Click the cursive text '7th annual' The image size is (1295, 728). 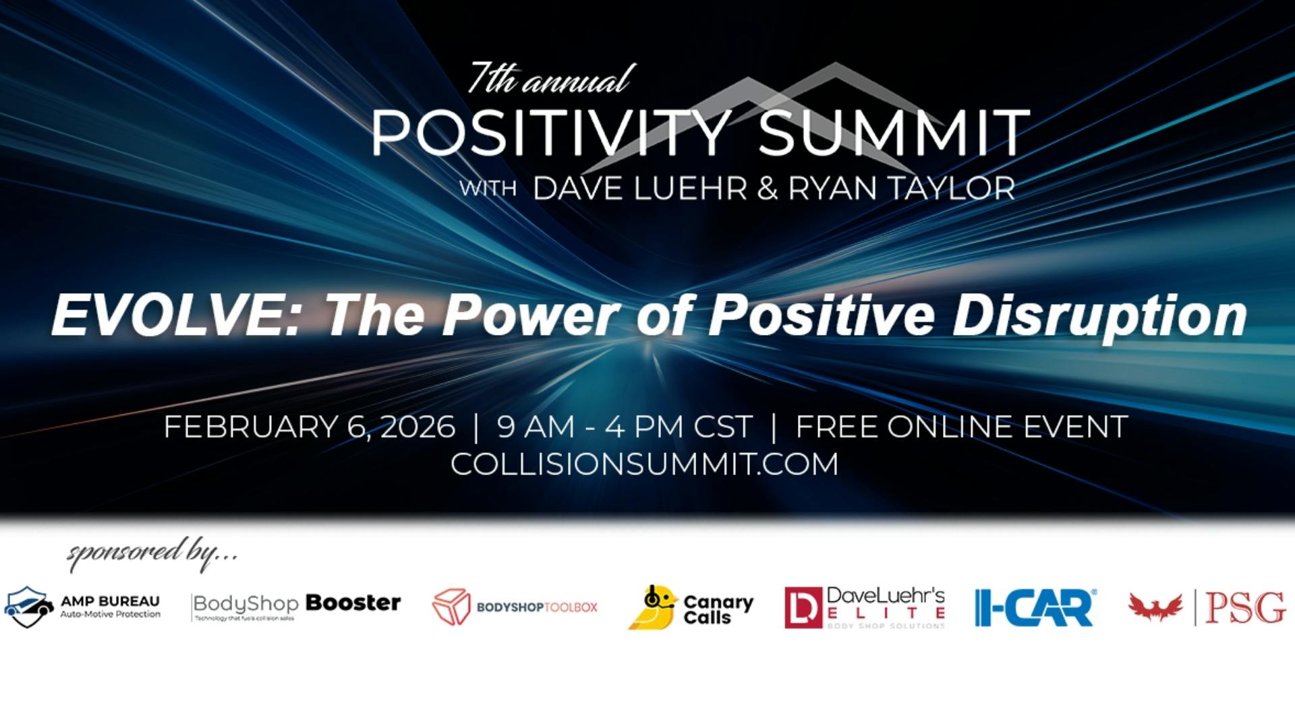click(x=550, y=80)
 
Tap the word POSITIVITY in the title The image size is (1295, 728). click(x=550, y=133)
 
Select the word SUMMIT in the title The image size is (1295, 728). click(x=893, y=133)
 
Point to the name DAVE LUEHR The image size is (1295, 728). click(x=640, y=188)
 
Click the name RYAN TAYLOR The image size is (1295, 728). click(x=902, y=188)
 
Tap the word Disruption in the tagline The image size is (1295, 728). click(x=1099, y=315)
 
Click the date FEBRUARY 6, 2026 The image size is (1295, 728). click(x=310, y=427)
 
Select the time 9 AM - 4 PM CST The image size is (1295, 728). click(x=624, y=427)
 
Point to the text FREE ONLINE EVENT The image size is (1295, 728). click(x=962, y=427)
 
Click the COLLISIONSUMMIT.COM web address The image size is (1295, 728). click(x=644, y=464)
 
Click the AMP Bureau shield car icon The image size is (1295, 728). click(x=28, y=607)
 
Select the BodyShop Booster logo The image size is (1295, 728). click(x=296, y=605)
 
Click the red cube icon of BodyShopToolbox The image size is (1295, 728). click(x=451, y=607)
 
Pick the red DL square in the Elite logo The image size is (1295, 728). click(x=803, y=607)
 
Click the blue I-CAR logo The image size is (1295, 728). click(x=1035, y=607)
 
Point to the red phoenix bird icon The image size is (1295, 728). click(x=1156, y=607)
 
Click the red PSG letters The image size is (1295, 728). click(x=1245, y=607)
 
